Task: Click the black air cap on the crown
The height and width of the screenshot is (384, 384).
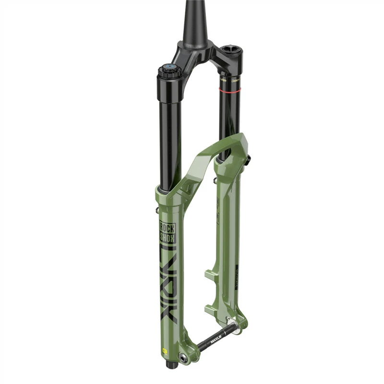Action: pos(231,51)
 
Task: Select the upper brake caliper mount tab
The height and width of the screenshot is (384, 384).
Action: pos(212,275)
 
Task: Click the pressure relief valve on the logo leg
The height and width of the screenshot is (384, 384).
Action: pos(158,210)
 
